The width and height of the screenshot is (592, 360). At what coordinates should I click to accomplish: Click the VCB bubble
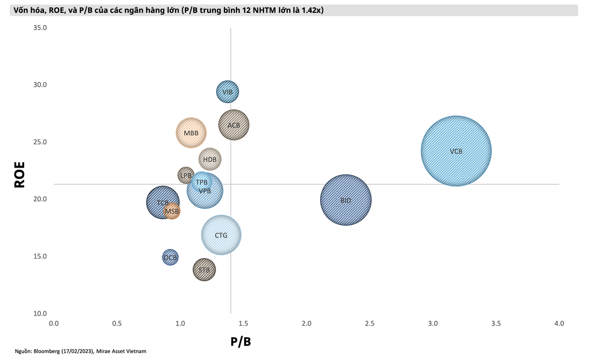456,151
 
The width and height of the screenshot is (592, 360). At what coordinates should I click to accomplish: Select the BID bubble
346,200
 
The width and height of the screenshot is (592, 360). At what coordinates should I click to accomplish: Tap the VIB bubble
227,92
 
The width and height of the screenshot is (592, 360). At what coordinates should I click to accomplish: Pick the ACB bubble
234,125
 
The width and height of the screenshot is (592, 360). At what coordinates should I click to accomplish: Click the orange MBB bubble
191,133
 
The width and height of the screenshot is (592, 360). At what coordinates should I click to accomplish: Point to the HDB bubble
210,159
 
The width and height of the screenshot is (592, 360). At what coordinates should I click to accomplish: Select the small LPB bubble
185,175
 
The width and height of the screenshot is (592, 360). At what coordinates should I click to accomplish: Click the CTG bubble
222,235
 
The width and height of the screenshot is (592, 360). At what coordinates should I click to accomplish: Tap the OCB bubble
170,257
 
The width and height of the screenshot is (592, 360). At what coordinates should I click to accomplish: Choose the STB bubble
204,270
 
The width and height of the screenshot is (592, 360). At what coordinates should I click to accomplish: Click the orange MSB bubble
172,212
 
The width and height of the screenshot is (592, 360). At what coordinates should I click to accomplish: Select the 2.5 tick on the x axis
370,324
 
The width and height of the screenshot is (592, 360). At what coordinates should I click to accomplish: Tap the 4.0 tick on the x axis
559,324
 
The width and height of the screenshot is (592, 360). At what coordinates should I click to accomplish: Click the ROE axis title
19,175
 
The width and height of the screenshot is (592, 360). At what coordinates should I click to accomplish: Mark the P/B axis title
241,342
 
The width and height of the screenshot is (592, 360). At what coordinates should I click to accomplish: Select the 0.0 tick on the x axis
54,324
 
